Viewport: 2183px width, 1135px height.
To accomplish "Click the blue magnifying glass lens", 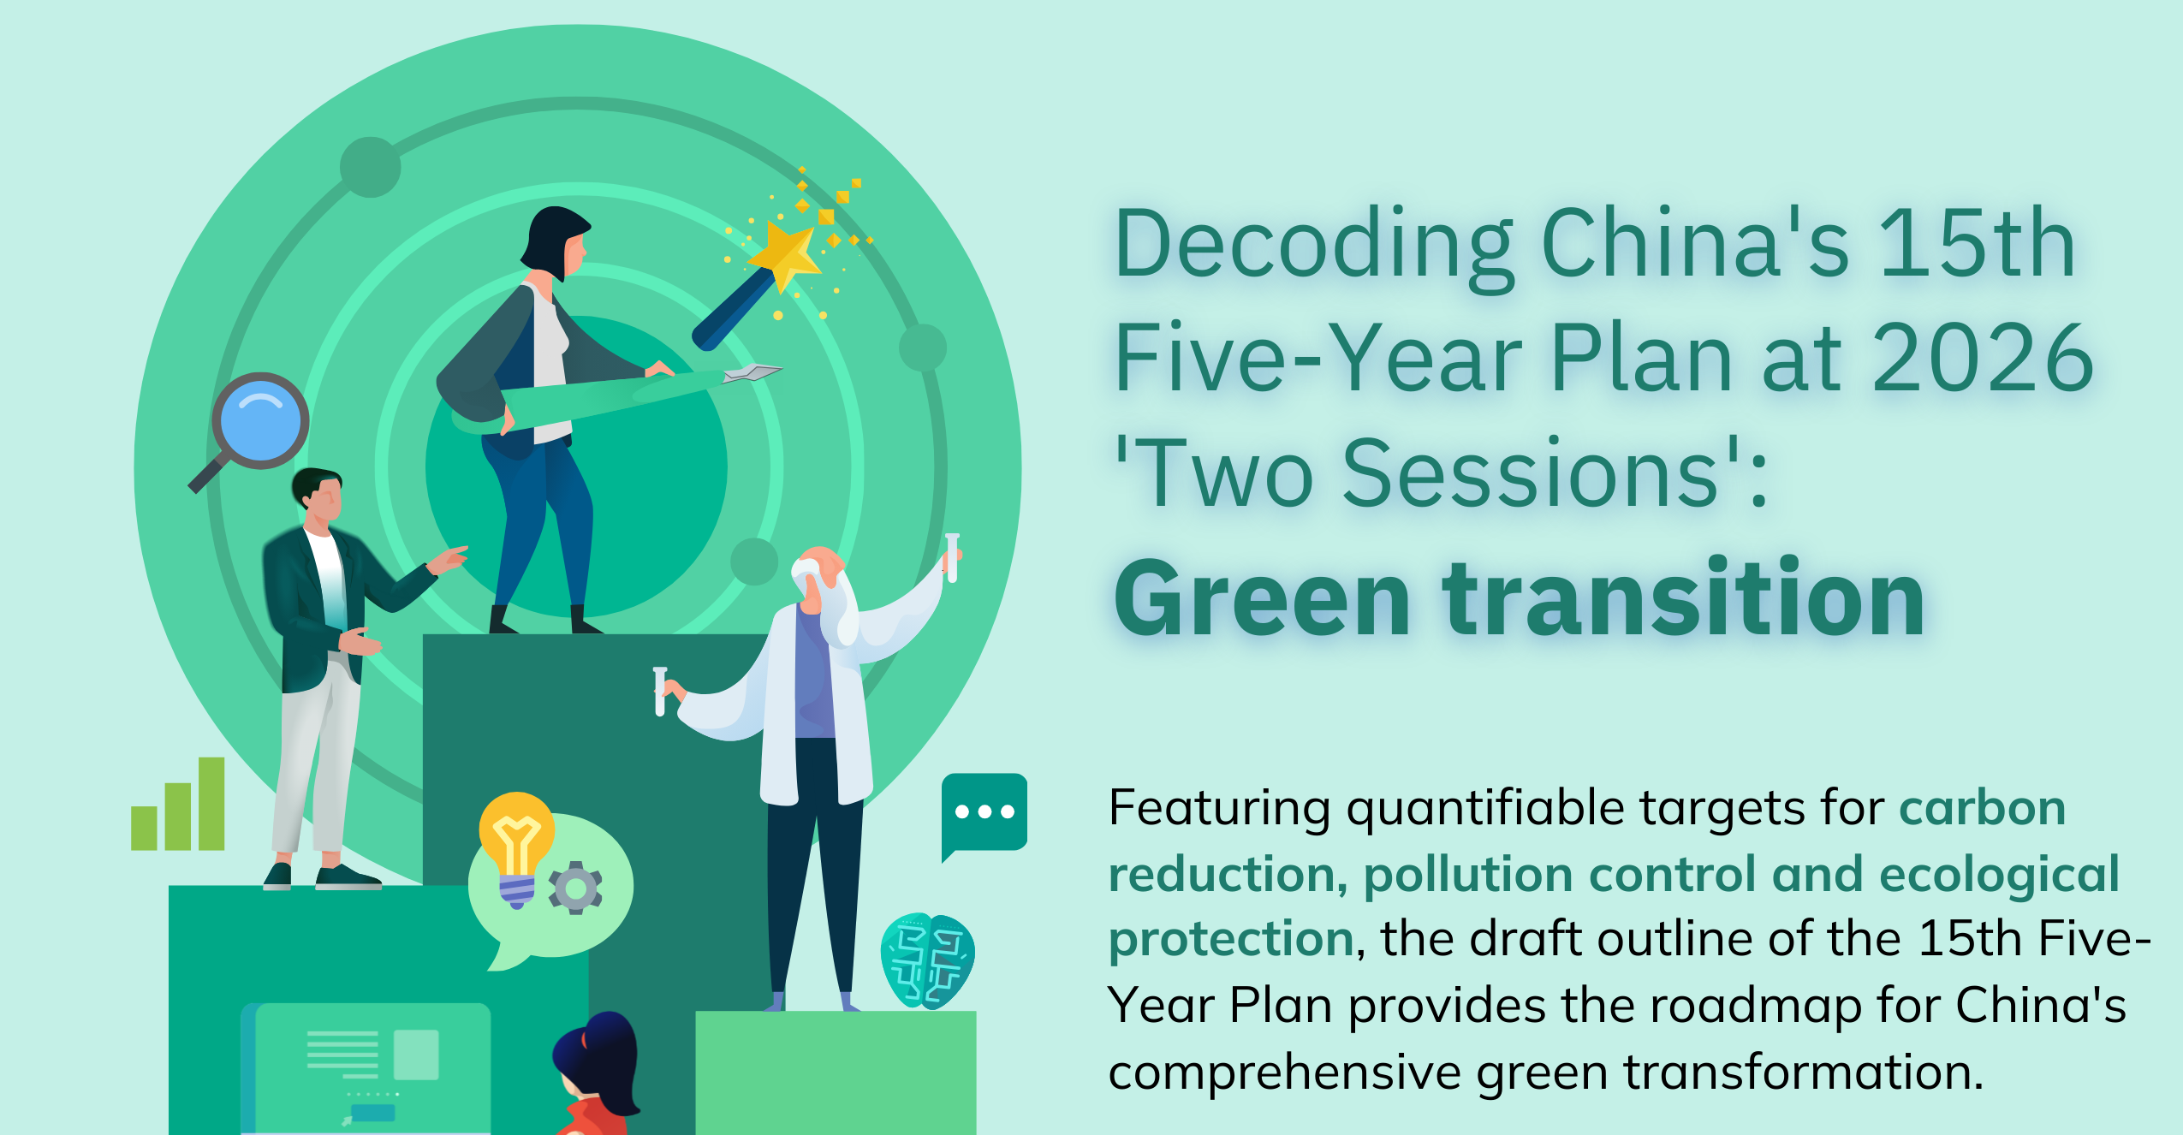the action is tap(260, 420).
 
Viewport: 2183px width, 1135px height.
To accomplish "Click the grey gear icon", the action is tap(575, 888).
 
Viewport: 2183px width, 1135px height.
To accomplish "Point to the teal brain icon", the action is tap(927, 960).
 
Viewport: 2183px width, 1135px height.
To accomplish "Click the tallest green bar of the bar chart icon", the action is tap(211, 803).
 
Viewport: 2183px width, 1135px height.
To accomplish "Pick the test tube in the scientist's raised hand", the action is tap(952, 557).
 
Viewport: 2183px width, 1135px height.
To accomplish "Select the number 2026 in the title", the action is tap(1983, 358).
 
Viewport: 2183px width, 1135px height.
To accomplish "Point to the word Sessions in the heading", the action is tap(1531, 472).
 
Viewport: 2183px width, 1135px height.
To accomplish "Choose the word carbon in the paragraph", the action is tap(1982, 808).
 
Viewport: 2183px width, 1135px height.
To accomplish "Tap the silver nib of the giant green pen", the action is tap(752, 373).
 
